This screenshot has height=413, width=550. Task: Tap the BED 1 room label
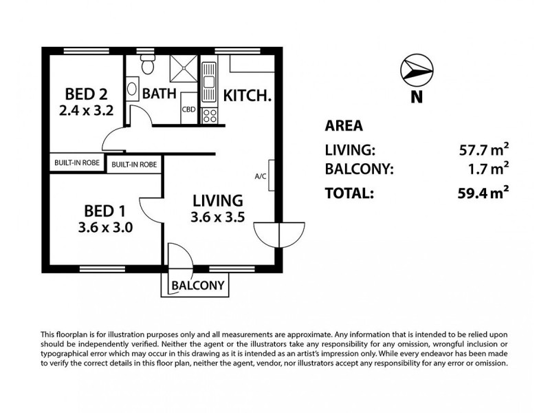coord(105,210)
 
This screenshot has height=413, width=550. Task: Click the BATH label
coord(160,93)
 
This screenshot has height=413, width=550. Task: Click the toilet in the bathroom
coord(146,67)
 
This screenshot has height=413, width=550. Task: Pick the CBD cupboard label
coord(188,109)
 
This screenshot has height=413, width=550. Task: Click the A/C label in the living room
coord(261,177)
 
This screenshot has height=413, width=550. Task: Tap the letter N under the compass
coord(416,97)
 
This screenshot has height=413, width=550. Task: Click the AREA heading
coord(343,126)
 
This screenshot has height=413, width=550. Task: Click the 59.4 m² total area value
coord(484,193)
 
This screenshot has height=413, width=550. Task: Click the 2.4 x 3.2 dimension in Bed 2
coord(87,109)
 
